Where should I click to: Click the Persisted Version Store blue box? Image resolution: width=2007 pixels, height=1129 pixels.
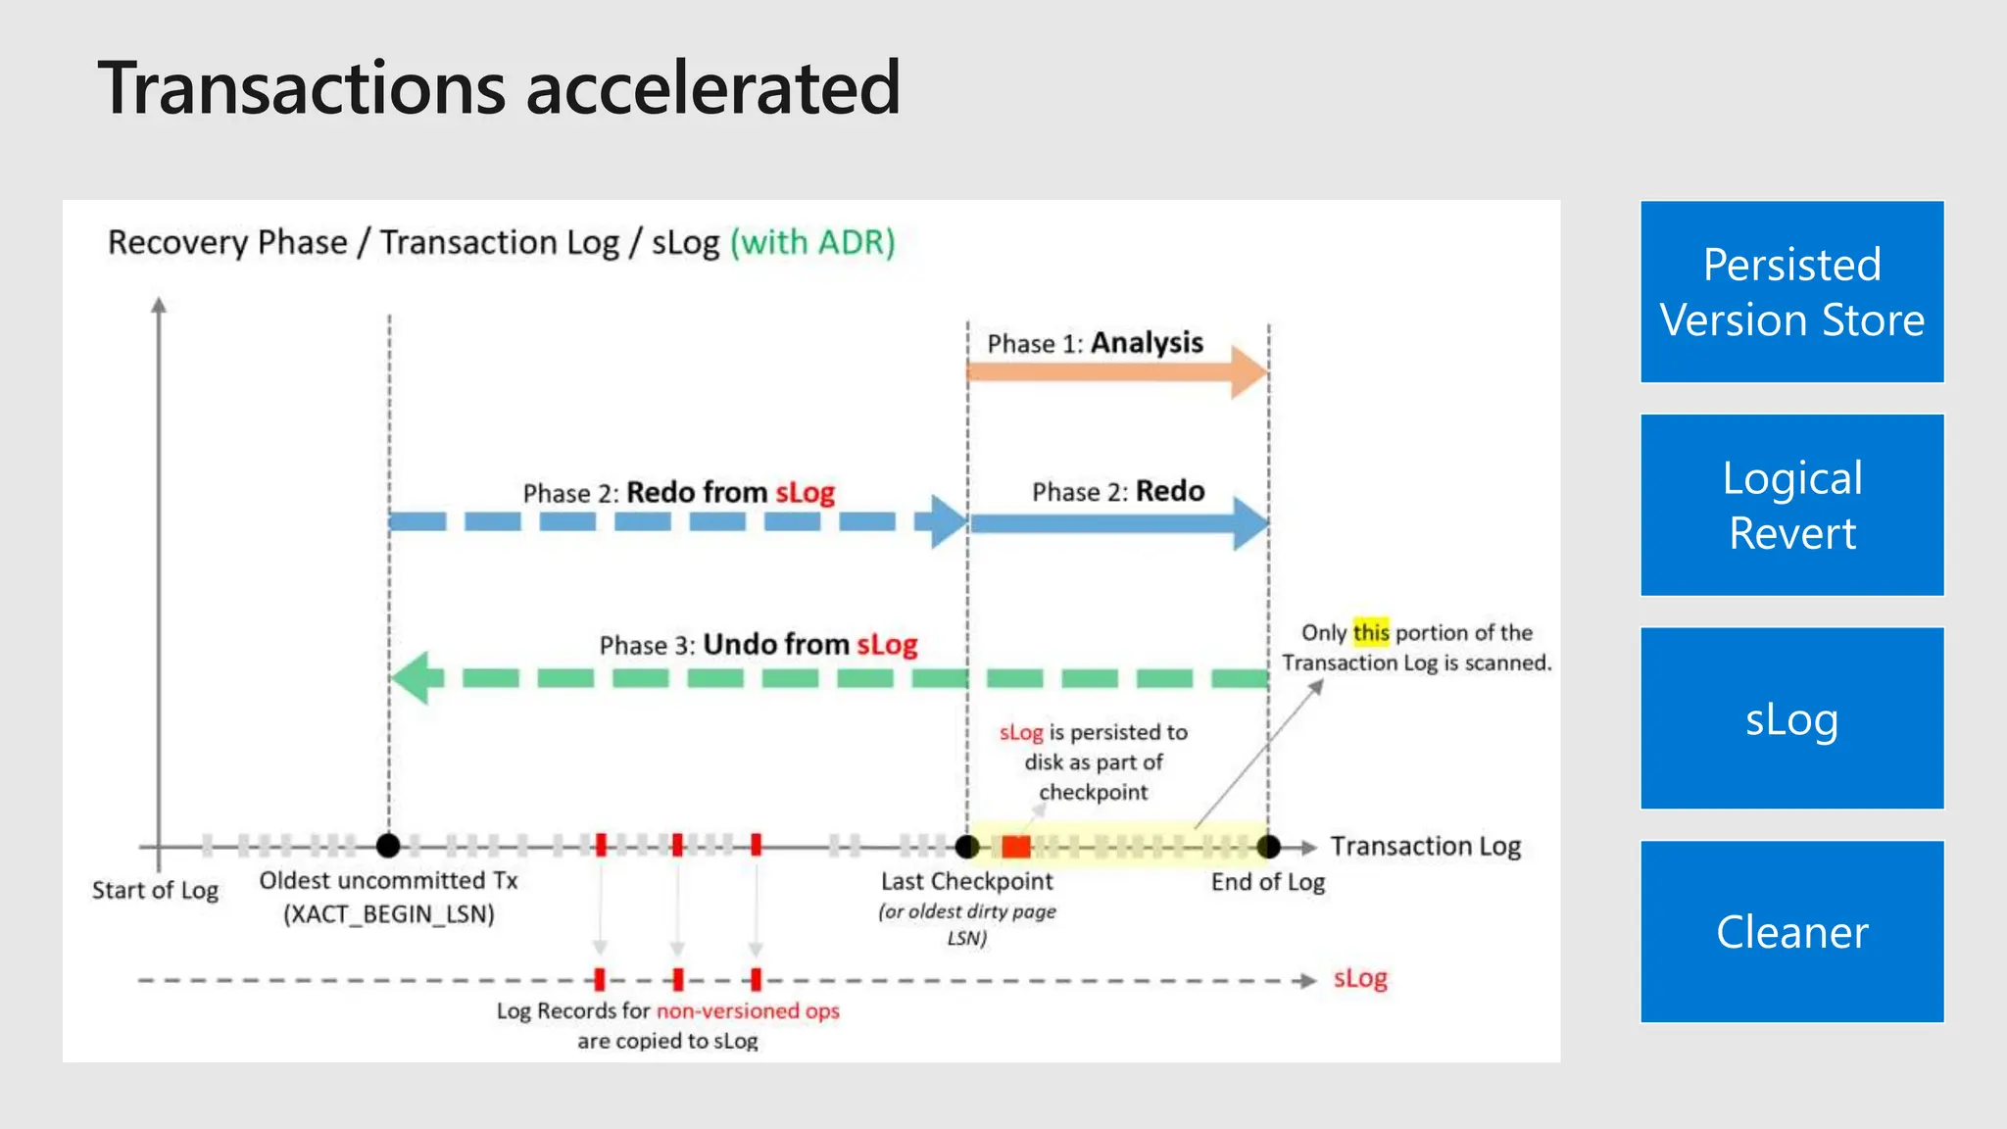click(x=1791, y=292)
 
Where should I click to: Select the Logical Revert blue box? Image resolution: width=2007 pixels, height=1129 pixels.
click(x=1791, y=505)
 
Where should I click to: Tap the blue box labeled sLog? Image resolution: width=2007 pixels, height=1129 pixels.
click(x=1791, y=718)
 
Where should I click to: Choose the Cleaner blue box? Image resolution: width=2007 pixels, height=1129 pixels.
click(x=1791, y=931)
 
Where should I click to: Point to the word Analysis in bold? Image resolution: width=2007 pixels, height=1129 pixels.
click(x=1147, y=343)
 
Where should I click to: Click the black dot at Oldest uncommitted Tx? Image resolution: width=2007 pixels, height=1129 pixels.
click(x=389, y=845)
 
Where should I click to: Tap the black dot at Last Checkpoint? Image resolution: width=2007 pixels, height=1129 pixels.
click(x=967, y=846)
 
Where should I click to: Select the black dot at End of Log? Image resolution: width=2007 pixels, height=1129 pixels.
click(x=1268, y=846)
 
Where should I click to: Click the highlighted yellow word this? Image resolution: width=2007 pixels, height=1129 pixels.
click(x=1371, y=632)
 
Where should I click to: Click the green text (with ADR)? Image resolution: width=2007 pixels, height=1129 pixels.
click(x=812, y=242)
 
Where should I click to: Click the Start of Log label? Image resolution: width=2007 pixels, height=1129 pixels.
click(x=155, y=890)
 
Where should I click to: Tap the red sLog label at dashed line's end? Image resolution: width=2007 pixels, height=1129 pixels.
click(x=1360, y=978)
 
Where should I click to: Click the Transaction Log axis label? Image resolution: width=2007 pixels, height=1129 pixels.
click(x=1425, y=846)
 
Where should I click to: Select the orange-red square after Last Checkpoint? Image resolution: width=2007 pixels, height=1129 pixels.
click(x=1016, y=847)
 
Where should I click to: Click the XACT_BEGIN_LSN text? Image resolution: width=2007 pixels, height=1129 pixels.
click(x=389, y=914)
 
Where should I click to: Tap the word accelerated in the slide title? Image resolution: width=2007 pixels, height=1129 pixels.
click(x=712, y=88)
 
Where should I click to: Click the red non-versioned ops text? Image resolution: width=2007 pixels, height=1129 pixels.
click(x=748, y=1010)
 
